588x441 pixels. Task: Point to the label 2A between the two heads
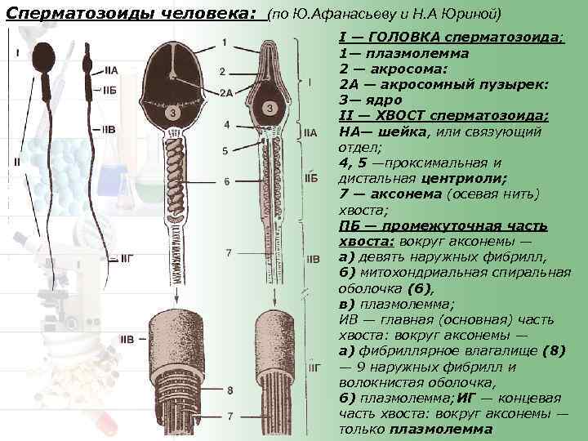point(226,92)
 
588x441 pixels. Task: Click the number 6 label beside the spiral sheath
point(226,181)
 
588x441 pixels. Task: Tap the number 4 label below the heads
point(226,124)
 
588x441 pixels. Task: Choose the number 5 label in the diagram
point(225,151)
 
